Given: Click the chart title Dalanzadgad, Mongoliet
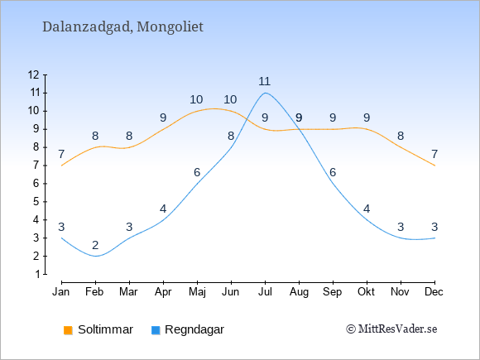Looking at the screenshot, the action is click(122, 27).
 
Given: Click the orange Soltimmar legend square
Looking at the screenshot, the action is click(68, 330).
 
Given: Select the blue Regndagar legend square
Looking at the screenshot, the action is click(156, 330).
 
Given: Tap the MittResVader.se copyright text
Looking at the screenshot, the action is click(391, 329).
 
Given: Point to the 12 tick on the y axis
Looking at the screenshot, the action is click(45, 74).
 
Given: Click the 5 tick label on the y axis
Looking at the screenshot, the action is click(36, 202).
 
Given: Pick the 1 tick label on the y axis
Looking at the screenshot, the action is click(37, 274).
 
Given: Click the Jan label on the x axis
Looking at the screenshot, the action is click(61, 292).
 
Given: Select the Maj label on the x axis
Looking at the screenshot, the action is click(197, 292).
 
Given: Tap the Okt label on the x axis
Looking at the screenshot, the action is click(366, 292).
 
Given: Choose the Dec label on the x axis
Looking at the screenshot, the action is click(434, 292).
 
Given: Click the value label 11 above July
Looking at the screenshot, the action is click(265, 81).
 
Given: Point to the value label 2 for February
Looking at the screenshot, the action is click(95, 245).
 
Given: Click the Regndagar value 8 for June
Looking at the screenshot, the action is click(231, 136).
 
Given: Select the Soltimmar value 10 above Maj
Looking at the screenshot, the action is click(196, 99).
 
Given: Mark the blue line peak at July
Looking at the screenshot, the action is click(265, 93).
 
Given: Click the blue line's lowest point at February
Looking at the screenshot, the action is click(95, 256).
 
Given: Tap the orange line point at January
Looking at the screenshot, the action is click(61, 166).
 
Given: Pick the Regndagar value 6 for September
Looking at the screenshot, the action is click(333, 172).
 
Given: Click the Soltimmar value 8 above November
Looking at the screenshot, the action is click(401, 136).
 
